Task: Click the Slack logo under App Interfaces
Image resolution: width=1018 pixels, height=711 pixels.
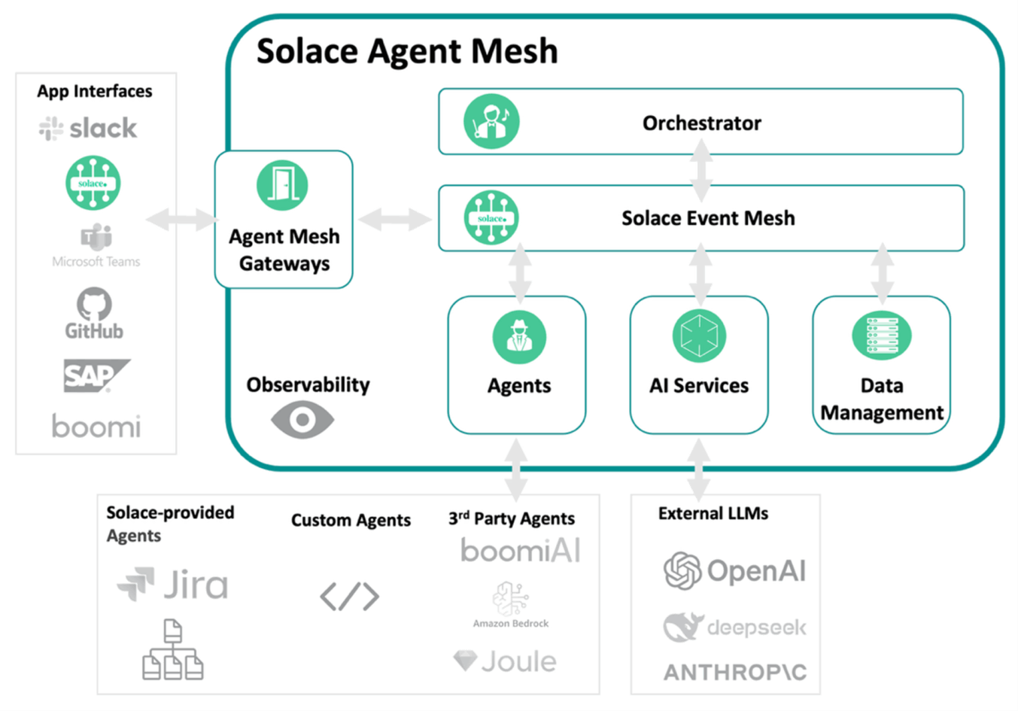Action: click(x=88, y=129)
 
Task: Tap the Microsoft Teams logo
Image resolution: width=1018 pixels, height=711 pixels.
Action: click(x=96, y=246)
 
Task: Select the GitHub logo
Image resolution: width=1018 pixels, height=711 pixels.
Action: click(x=94, y=313)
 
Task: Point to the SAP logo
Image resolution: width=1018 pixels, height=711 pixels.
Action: click(x=96, y=375)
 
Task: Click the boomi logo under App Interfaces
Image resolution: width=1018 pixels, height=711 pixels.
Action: click(x=96, y=427)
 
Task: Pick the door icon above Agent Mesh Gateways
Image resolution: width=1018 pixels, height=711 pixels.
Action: click(x=282, y=185)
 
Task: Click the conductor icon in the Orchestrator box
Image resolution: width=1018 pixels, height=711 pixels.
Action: click(x=491, y=122)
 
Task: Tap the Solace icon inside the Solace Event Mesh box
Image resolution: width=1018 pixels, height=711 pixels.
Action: click(x=491, y=218)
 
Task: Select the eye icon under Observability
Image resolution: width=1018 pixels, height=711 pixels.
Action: click(x=302, y=420)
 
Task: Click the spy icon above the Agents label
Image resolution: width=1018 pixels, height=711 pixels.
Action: click(x=519, y=336)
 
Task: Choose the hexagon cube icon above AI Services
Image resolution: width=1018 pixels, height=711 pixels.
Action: click(x=699, y=336)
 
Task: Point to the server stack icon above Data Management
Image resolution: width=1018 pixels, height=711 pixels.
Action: click(x=882, y=336)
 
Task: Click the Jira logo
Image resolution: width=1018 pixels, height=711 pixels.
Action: click(x=173, y=585)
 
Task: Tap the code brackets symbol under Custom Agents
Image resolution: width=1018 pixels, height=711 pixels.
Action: click(x=350, y=597)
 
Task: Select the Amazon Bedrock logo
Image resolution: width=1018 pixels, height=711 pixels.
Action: click(x=511, y=604)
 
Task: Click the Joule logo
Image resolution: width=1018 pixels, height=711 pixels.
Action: click(x=506, y=661)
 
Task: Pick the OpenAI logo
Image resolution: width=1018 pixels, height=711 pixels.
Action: click(x=734, y=571)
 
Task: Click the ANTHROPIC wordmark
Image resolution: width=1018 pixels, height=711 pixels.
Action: click(x=734, y=672)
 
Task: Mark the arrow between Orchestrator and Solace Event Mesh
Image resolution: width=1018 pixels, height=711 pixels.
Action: click(x=701, y=170)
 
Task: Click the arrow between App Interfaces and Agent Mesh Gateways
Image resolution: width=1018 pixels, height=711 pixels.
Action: click(x=181, y=220)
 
